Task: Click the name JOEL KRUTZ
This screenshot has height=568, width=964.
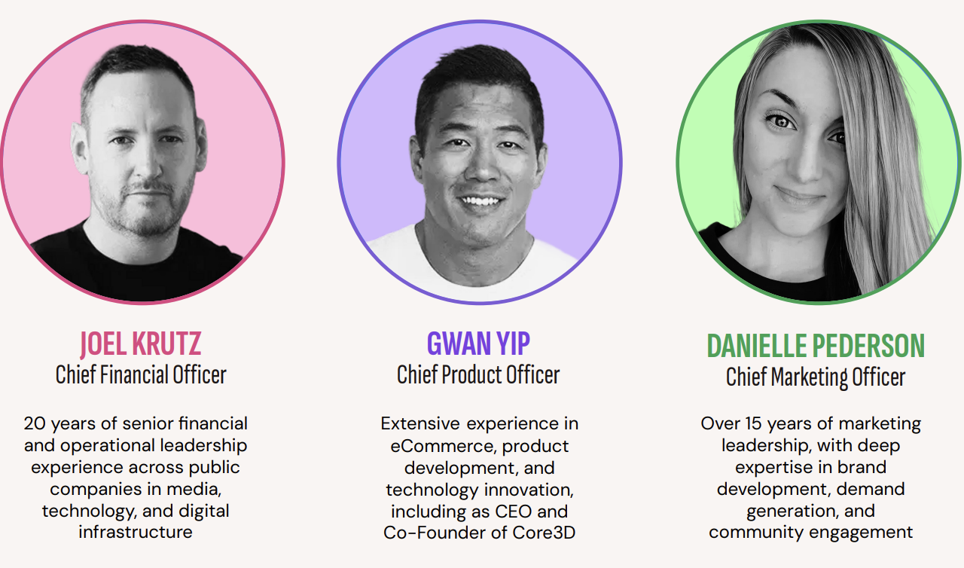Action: [x=140, y=344]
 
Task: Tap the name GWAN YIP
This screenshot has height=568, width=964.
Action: [x=478, y=344]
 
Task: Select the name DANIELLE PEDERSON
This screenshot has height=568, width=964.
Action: [x=816, y=346]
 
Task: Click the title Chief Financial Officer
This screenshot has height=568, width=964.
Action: [x=141, y=375]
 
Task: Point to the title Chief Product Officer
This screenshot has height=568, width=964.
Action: [x=478, y=375]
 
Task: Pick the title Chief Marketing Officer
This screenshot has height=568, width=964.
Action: [x=816, y=377]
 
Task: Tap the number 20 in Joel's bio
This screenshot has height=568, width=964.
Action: [x=35, y=423]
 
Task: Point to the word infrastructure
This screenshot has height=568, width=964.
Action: [x=136, y=533]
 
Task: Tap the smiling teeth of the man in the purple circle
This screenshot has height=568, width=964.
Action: [x=481, y=200]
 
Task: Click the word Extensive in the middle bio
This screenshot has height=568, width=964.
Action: [x=420, y=424]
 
